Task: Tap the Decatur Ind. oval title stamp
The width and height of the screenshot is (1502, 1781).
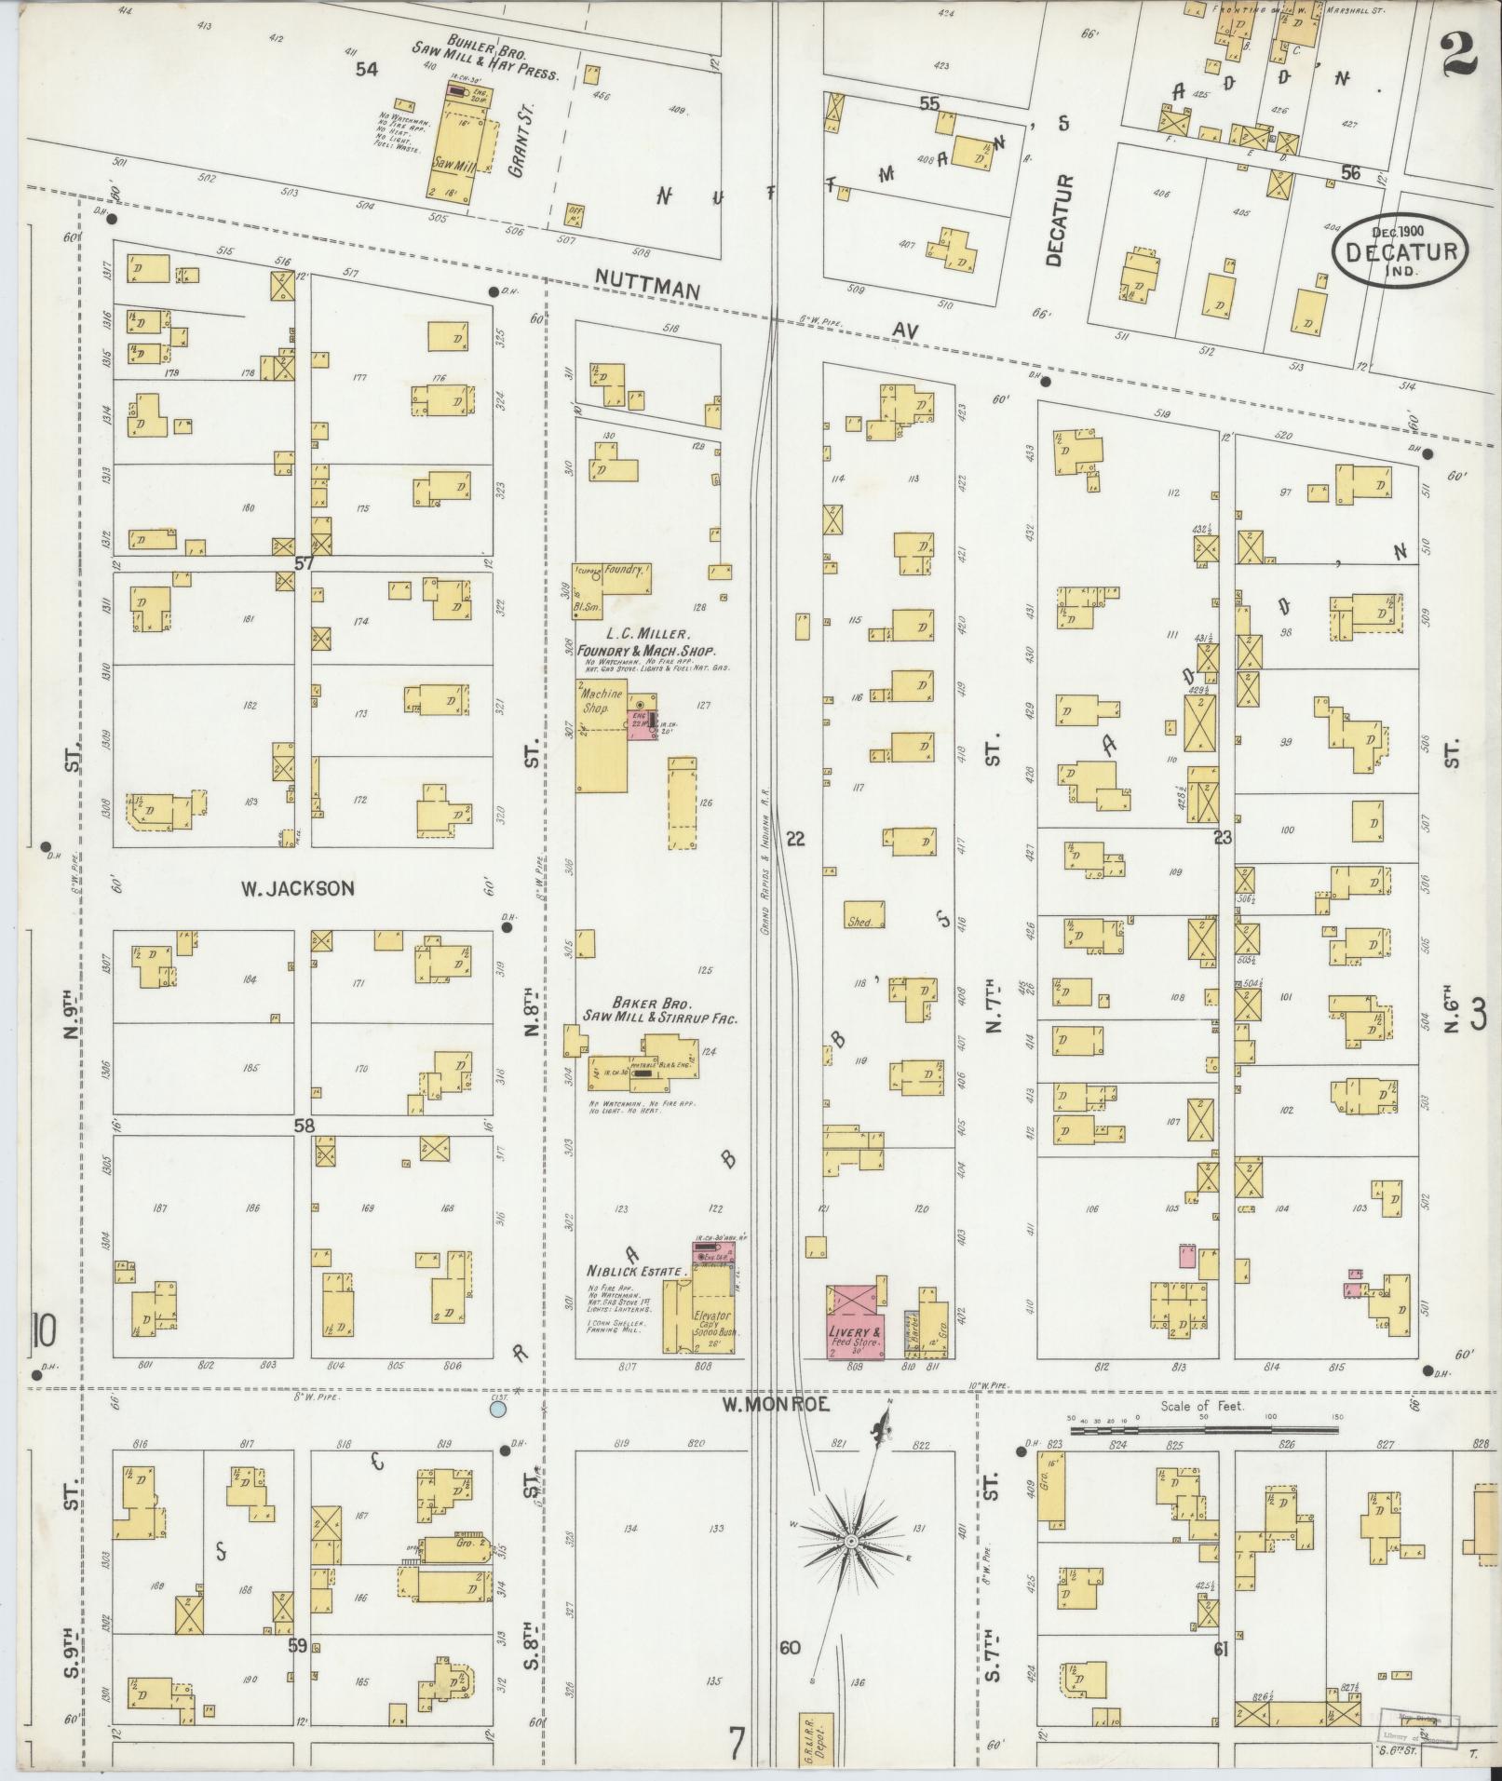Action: coord(1400,250)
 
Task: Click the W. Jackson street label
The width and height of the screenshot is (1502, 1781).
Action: coord(297,888)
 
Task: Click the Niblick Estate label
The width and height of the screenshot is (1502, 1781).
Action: coord(636,1271)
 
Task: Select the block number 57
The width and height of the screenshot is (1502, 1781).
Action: coord(304,563)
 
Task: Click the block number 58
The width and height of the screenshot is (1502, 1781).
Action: coord(304,1126)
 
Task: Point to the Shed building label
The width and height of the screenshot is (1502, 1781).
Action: coord(859,921)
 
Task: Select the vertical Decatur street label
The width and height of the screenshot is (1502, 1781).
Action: coord(1054,221)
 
